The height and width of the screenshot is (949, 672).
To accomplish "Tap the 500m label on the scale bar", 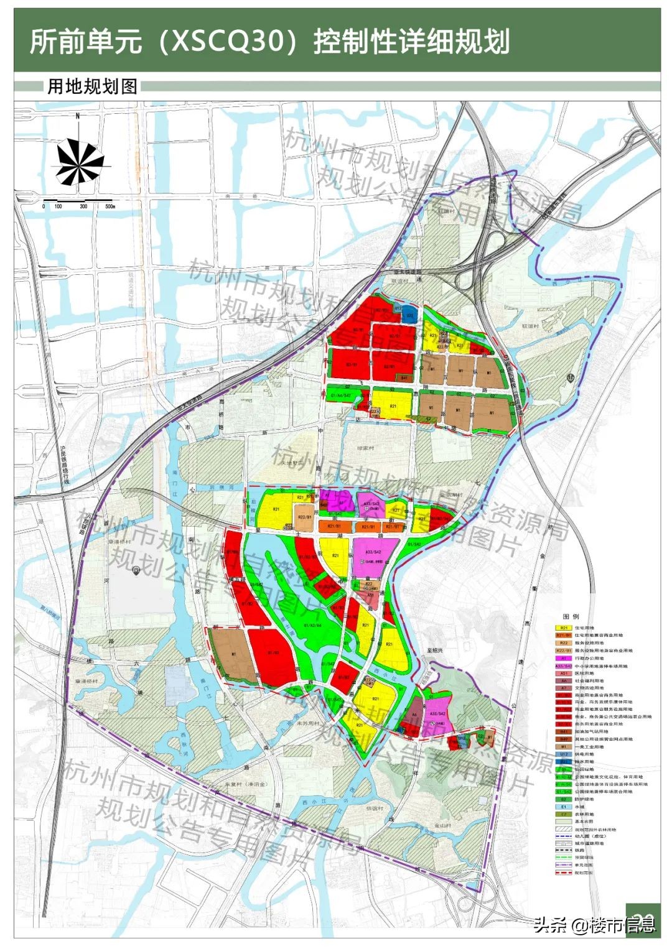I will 110,206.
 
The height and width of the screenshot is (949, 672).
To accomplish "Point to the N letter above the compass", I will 78,116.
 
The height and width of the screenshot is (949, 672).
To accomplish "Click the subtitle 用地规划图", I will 92,86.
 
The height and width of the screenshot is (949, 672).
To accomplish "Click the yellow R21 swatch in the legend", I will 564,628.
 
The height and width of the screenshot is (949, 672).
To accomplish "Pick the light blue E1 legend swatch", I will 564,807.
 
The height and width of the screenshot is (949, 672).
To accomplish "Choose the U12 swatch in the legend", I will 564,754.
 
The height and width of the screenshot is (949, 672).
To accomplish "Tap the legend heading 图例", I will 571,617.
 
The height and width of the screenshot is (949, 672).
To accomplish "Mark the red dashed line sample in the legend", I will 564,873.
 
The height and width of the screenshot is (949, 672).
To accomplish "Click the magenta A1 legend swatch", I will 564,658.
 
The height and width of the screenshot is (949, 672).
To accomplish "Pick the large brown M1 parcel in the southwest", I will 233,656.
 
